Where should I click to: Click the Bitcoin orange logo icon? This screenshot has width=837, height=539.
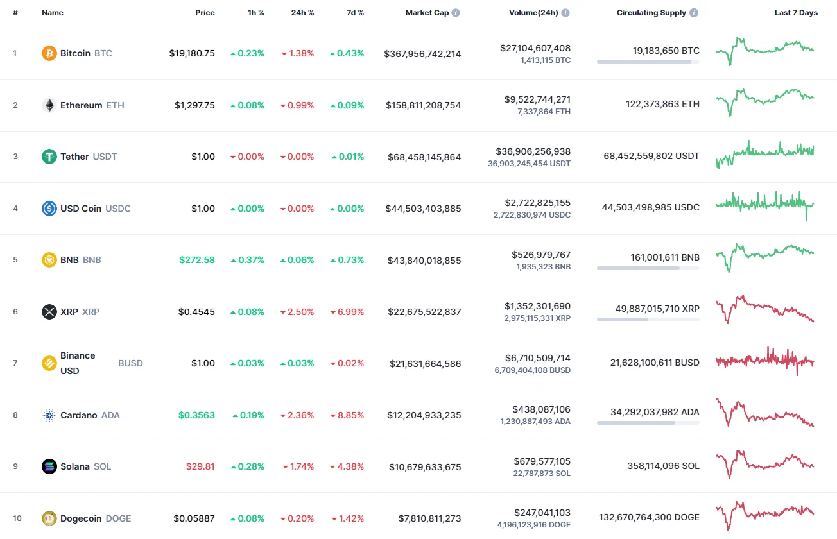point(49,53)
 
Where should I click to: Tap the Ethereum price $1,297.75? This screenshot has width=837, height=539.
point(194,105)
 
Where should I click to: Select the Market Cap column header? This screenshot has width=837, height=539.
point(427,13)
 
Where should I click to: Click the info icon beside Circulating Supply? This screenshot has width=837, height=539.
point(695,13)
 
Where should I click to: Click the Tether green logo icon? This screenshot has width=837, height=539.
point(49,157)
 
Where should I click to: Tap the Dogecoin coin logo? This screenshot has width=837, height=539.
point(49,518)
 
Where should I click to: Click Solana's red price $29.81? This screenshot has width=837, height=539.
point(200,466)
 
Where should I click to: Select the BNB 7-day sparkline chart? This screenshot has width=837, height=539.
point(765,257)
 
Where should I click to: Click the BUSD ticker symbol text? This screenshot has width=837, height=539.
point(130,363)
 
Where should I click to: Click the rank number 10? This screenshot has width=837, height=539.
point(17,518)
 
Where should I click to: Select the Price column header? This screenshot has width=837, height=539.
point(205,13)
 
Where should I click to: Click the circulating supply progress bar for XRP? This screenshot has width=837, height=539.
point(648,319)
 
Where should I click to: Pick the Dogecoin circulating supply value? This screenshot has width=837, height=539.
point(649,517)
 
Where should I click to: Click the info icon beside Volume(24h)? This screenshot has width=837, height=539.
point(565,13)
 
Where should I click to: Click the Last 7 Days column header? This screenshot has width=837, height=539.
point(796,13)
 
